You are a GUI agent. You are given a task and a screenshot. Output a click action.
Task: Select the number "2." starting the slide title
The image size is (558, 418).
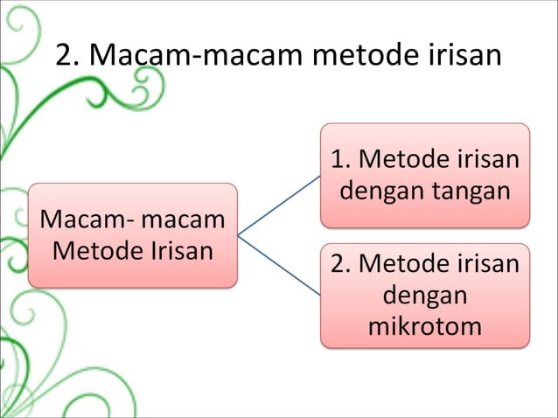(x=70, y=56)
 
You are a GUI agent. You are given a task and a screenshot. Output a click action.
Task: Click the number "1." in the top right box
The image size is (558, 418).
(x=340, y=160)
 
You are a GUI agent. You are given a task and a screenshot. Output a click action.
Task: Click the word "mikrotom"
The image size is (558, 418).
(x=425, y=327)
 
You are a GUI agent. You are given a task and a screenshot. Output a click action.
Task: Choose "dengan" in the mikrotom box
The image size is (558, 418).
(x=425, y=296)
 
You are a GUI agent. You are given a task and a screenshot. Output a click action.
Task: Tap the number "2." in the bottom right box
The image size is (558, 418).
(x=342, y=264)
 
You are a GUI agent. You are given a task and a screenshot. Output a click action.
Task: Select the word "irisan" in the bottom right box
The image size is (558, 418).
(x=487, y=264)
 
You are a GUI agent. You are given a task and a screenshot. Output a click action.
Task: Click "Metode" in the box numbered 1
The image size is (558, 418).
(x=403, y=160)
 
